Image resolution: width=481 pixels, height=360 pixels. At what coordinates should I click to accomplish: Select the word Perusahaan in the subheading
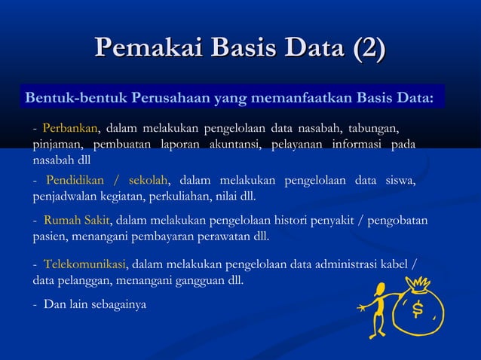pyautogui.click(x=170, y=99)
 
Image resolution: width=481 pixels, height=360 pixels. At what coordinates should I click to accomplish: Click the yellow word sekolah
pyautogui.click(x=148, y=180)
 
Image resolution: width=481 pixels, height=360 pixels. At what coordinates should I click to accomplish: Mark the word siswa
pyautogui.click(x=400, y=180)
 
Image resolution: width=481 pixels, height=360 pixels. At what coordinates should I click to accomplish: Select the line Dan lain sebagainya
pyautogui.click(x=95, y=305)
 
